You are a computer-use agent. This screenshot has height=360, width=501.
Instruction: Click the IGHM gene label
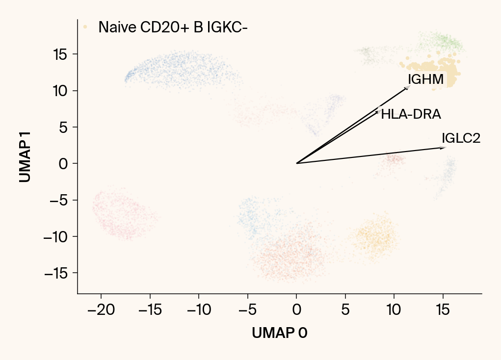click(x=425, y=79)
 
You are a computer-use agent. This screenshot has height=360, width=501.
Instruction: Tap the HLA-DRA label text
click(x=411, y=115)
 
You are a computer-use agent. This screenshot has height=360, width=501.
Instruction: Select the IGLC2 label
click(x=461, y=138)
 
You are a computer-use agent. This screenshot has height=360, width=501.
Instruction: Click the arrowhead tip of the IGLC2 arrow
click(x=445, y=147)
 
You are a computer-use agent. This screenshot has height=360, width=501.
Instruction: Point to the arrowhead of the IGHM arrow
click(x=409, y=87)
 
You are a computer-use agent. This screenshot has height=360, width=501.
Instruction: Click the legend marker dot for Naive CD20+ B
click(x=85, y=27)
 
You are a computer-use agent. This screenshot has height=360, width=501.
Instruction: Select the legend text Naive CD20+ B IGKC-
click(x=173, y=27)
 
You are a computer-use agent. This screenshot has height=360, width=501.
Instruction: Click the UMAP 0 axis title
click(x=280, y=333)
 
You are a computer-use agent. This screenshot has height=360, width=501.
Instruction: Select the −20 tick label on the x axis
click(x=101, y=310)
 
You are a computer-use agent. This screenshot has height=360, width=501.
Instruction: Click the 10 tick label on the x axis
click(x=394, y=310)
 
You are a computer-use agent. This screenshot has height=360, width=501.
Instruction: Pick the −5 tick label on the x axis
click(x=247, y=310)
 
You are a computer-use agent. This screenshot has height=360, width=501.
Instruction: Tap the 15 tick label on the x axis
click(x=443, y=310)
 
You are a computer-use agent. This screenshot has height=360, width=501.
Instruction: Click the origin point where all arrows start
click(x=296, y=163)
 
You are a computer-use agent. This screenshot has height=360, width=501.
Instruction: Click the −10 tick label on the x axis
click(x=198, y=310)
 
